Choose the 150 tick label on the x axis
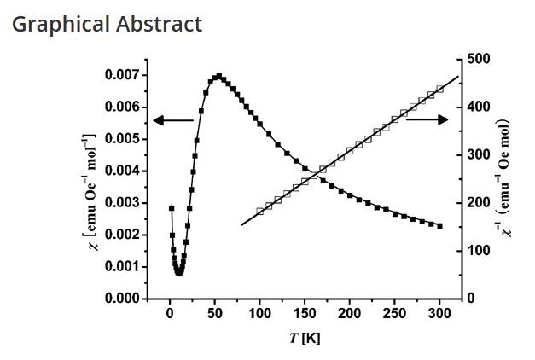[x=305, y=316]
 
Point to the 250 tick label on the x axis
[x=395, y=316]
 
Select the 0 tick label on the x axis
[x=170, y=316]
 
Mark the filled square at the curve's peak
[x=218, y=76]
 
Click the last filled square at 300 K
[x=439, y=226]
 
